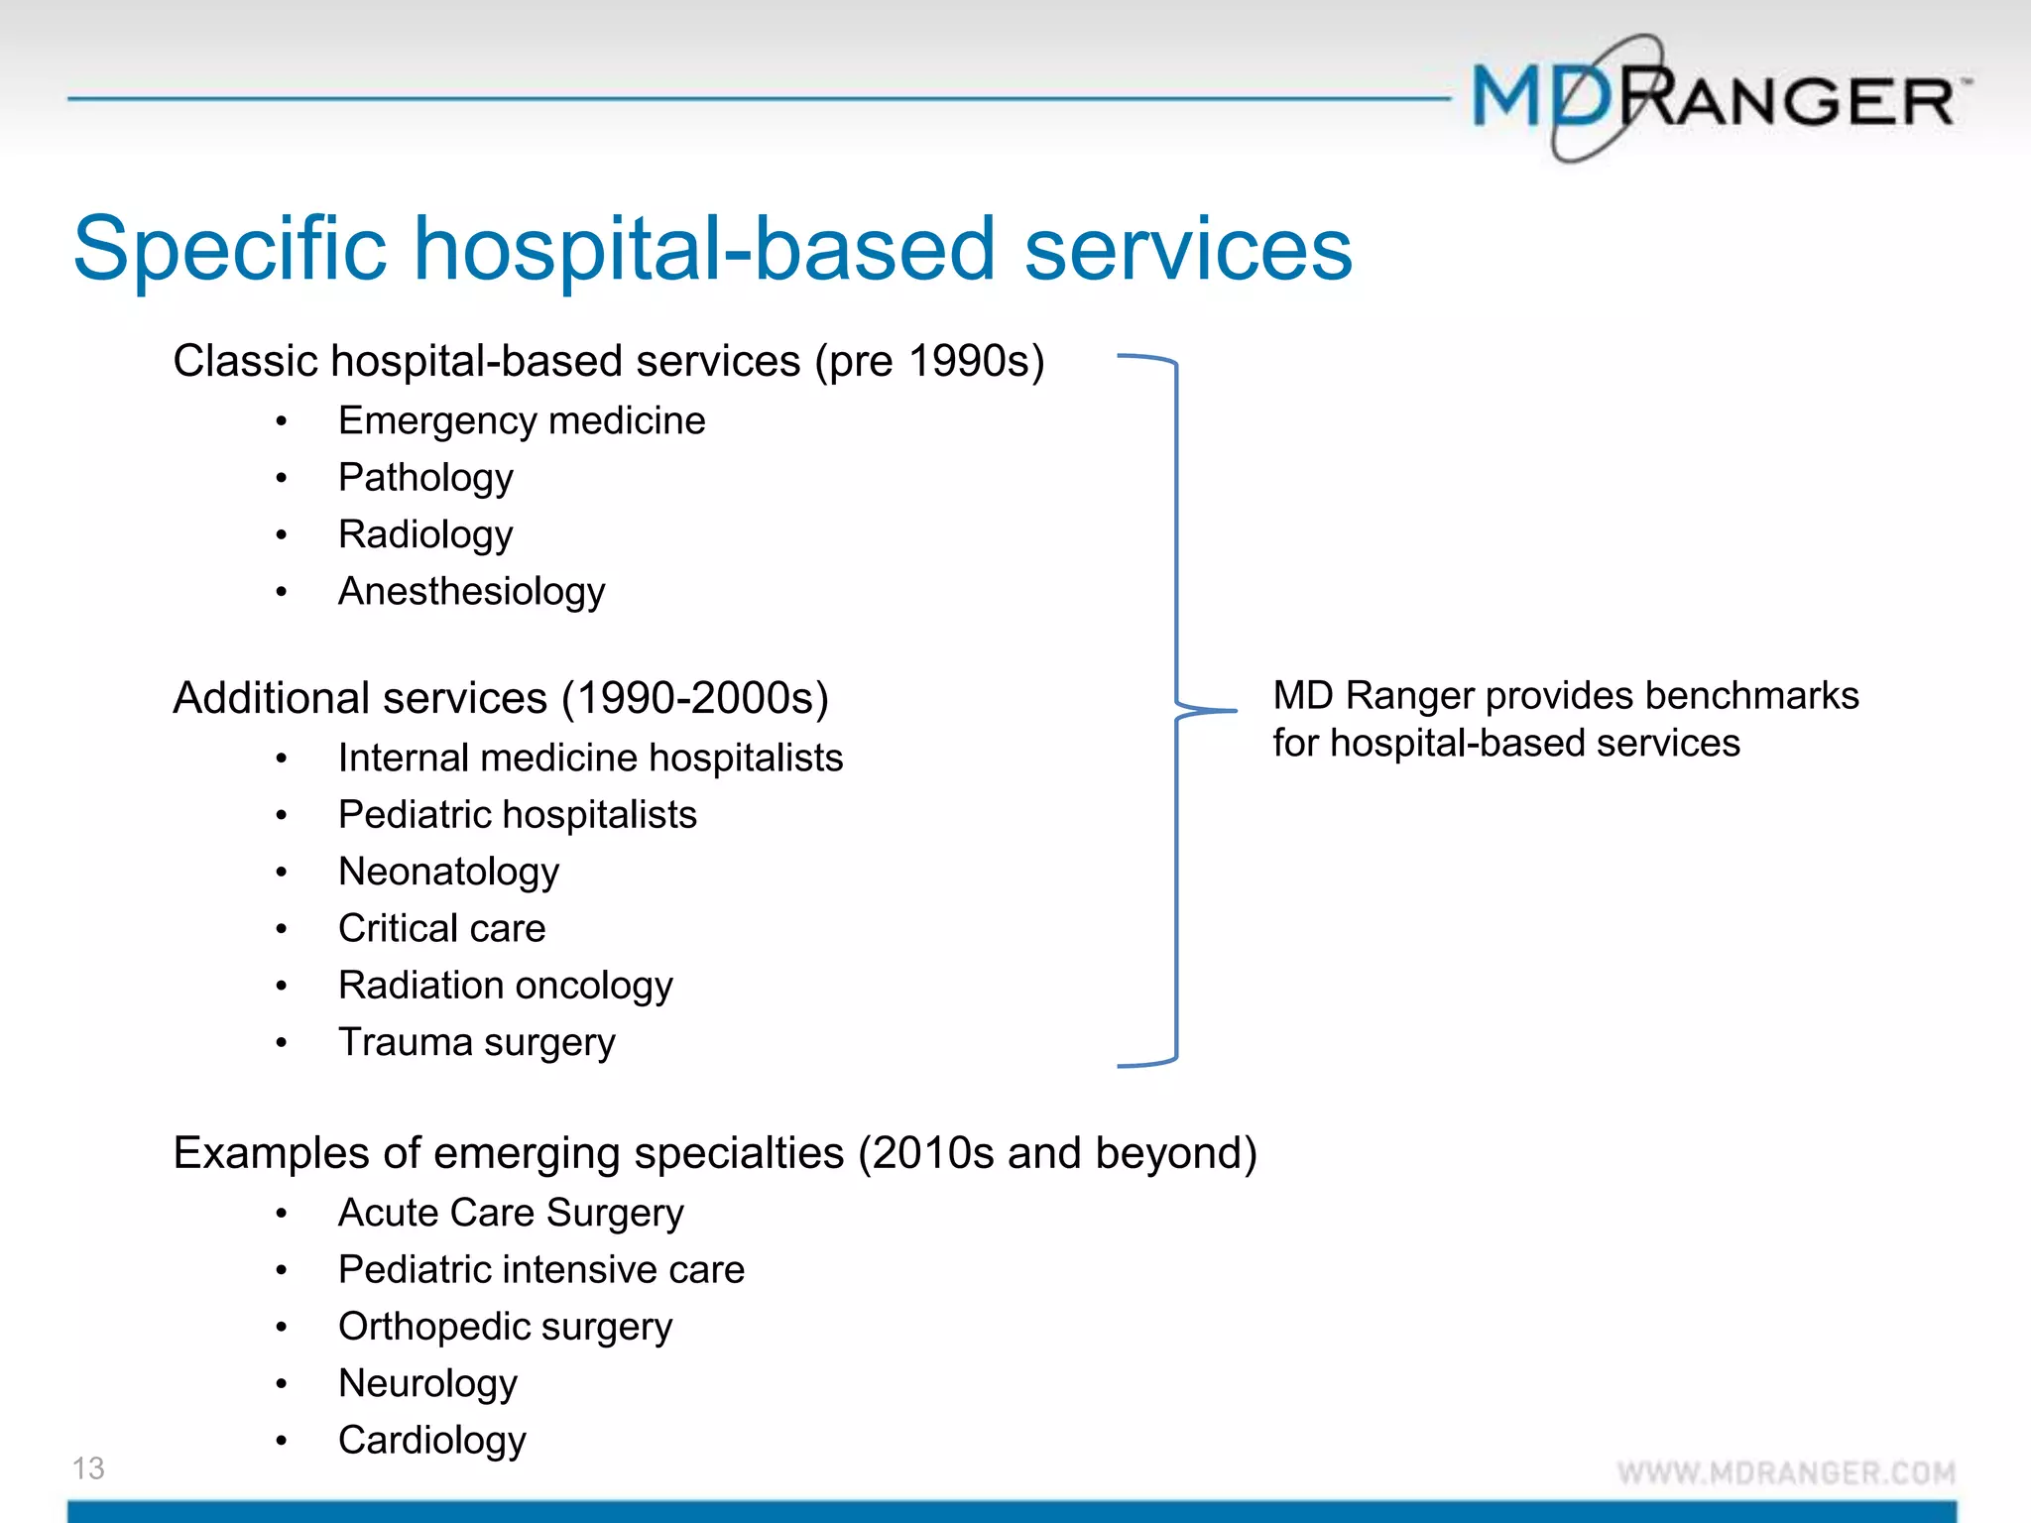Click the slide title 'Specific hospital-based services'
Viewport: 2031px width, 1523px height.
(x=712, y=248)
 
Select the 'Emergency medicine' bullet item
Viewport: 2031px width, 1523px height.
(x=522, y=421)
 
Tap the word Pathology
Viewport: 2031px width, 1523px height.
(x=425, y=478)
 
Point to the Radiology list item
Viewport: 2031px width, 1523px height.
(x=425, y=535)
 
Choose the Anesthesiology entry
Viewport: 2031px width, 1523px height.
(x=471, y=592)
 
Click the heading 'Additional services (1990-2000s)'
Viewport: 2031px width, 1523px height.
(x=501, y=698)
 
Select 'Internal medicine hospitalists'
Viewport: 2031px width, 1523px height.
(x=590, y=759)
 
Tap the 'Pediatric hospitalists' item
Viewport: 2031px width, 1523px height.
(x=517, y=815)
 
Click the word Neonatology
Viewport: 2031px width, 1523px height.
(x=448, y=873)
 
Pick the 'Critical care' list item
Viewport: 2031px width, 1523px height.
(x=441, y=929)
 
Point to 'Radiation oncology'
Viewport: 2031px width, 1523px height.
(x=505, y=986)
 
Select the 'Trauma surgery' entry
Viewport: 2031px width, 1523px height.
(x=476, y=1043)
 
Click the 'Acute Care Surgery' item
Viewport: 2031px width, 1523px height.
(x=511, y=1214)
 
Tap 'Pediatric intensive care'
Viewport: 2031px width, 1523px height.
(x=540, y=1270)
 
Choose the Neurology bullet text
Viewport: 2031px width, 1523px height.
(x=427, y=1384)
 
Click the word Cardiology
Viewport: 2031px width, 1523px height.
(x=431, y=1441)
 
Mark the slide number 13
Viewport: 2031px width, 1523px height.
(x=88, y=1468)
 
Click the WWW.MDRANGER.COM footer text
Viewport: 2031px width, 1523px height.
(x=1786, y=1472)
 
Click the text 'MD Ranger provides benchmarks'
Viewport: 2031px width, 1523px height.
(x=1565, y=696)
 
